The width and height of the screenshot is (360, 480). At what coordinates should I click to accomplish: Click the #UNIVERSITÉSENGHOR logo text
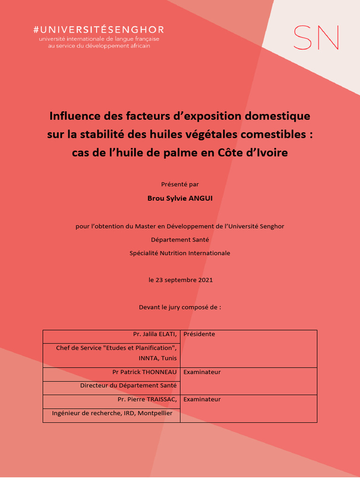(98, 30)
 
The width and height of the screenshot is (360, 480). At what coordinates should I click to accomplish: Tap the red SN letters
(315, 37)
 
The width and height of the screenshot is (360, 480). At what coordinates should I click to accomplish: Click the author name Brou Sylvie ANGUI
(180, 198)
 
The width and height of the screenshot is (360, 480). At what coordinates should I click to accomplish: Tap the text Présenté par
(180, 184)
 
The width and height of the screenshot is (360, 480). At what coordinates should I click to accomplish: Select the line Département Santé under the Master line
(180, 240)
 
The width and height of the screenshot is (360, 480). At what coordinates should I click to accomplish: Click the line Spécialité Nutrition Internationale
(180, 253)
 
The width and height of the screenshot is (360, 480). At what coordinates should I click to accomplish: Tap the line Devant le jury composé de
(180, 307)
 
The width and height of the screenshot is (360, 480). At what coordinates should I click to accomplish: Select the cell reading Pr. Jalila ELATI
(155, 334)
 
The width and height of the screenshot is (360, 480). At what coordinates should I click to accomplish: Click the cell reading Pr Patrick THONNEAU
(144, 372)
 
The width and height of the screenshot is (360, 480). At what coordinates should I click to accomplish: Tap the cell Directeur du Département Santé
(128, 385)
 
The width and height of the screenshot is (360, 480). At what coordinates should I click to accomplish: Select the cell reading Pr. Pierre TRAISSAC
(147, 399)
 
